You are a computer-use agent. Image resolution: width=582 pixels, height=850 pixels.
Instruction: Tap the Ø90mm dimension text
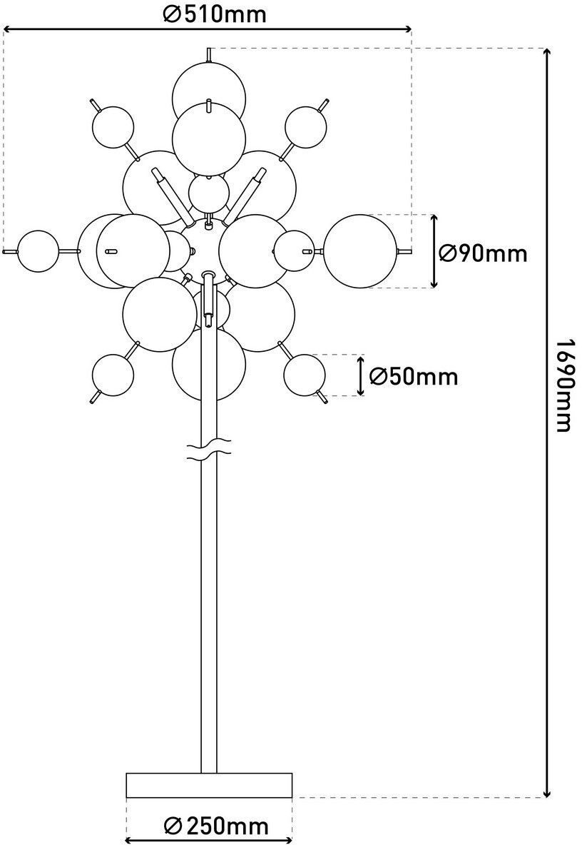(x=484, y=253)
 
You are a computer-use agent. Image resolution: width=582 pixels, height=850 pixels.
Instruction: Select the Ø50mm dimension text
(x=414, y=375)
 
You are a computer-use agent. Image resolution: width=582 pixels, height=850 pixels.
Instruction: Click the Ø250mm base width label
(x=216, y=826)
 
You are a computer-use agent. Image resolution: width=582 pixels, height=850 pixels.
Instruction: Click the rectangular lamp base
(x=209, y=784)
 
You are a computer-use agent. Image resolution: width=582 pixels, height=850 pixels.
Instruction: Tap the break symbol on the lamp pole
(x=208, y=447)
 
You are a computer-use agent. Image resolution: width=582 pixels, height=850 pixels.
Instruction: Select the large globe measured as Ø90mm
(x=360, y=251)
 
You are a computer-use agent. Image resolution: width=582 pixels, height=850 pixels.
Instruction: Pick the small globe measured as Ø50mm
(x=305, y=375)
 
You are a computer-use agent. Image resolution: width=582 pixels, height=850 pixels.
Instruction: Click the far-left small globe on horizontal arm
(x=38, y=251)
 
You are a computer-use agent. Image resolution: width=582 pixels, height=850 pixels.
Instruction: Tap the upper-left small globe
(x=113, y=127)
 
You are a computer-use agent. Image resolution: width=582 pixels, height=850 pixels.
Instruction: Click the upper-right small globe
(x=306, y=127)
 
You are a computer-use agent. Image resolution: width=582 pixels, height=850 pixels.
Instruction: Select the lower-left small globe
(x=113, y=375)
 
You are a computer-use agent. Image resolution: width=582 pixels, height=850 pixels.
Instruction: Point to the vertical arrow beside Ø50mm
(x=361, y=375)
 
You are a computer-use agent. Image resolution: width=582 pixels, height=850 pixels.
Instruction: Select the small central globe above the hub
(x=209, y=193)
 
